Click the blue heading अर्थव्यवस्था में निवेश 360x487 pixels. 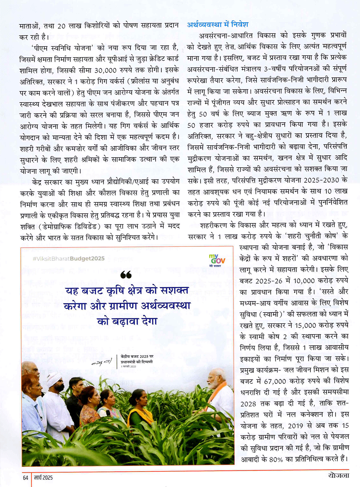point(217,24)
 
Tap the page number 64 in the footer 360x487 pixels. point(25,477)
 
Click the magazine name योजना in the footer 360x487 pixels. point(338,475)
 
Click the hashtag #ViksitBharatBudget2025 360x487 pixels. point(68,258)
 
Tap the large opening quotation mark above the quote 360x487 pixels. point(126,275)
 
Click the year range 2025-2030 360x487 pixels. point(322,180)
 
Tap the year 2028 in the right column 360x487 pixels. point(248,404)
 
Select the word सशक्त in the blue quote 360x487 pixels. point(174,290)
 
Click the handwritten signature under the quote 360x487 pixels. point(102,361)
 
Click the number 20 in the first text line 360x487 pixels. point(61,26)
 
